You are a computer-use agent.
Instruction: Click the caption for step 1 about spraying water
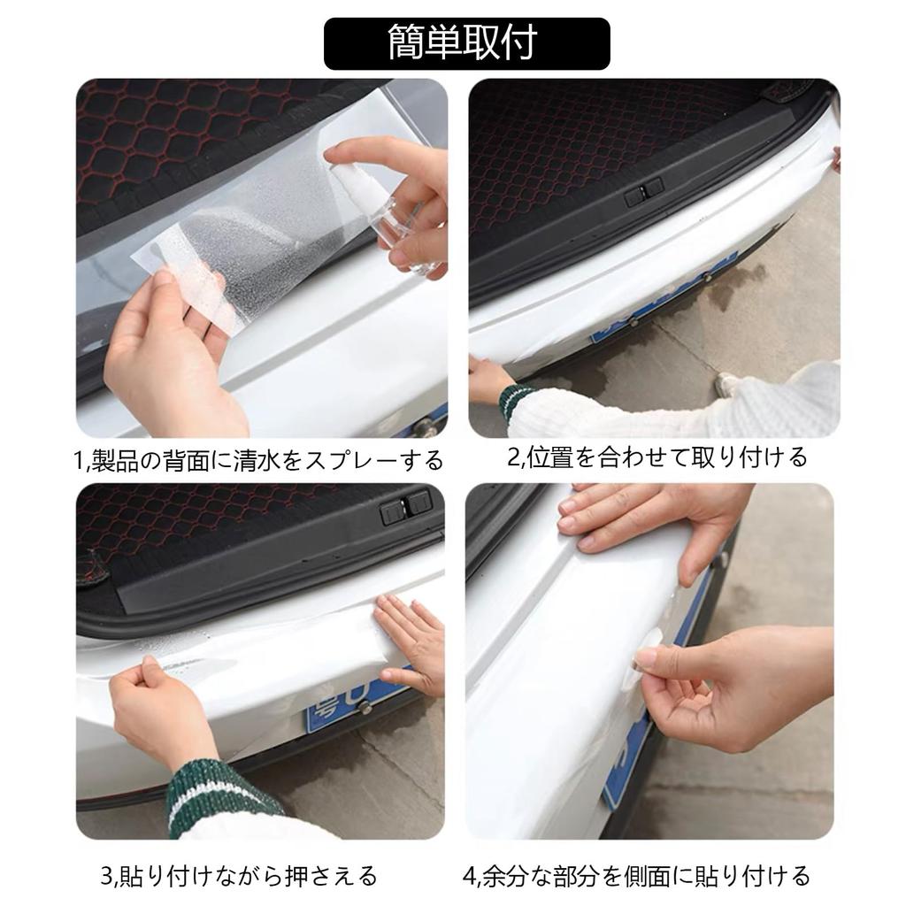(x=257, y=461)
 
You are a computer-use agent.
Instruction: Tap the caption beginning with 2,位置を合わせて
(x=656, y=457)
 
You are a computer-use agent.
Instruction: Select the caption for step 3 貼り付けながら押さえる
(x=239, y=876)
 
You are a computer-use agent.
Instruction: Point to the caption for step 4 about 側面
(x=636, y=876)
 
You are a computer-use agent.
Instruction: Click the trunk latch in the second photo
(x=643, y=193)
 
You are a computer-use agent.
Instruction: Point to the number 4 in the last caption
(x=469, y=877)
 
